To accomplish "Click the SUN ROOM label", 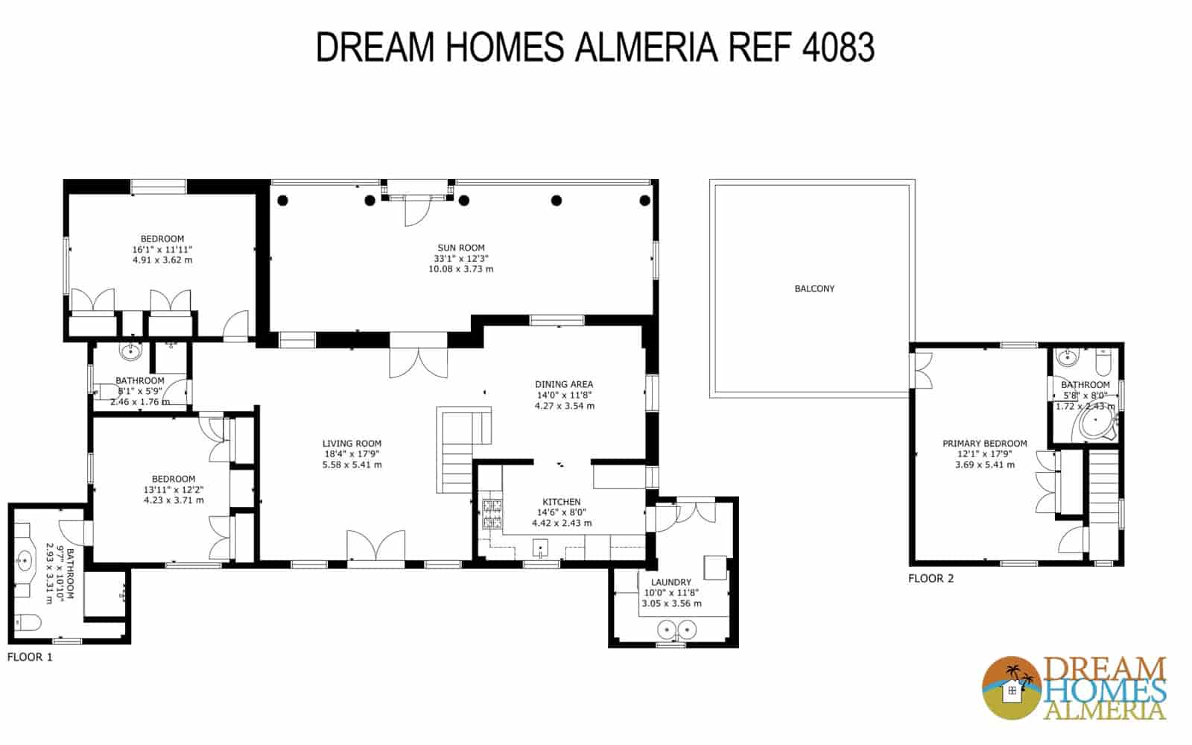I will click(460, 248).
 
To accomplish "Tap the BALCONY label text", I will click(814, 289).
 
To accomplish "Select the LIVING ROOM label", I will click(352, 444).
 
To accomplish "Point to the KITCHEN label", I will click(561, 502).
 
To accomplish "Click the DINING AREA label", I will click(564, 385).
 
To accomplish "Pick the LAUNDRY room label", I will click(670, 582).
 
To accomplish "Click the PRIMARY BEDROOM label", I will click(984, 444).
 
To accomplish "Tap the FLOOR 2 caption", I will click(931, 579).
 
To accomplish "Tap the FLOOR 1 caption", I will click(30, 658).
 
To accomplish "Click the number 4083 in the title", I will click(837, 48).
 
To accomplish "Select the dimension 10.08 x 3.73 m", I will click(460, 269).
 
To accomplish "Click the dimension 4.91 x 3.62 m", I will click(162, 260).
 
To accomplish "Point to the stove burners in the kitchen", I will click(492, 512).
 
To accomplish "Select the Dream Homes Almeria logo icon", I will click(1012, 688).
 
